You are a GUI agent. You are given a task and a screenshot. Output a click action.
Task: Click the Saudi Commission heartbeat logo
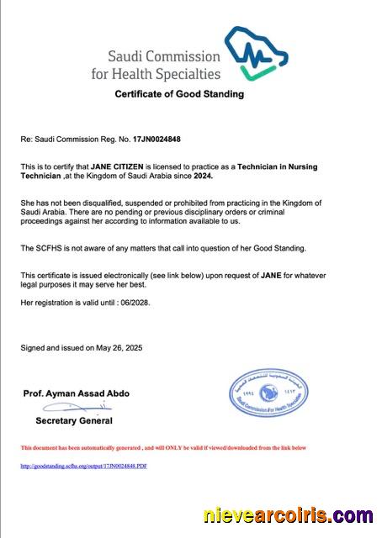tap(256, 52)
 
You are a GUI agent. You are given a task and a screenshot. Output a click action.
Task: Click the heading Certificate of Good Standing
tap(179, 94)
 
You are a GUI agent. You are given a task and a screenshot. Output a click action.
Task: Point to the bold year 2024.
tap(203, 177)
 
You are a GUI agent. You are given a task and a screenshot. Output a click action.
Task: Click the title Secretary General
tap(74, 420)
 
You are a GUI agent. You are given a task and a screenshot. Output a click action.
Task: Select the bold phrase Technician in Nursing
tap(277, 167)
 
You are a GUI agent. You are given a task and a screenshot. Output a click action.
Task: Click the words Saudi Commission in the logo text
tap(164, 57)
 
